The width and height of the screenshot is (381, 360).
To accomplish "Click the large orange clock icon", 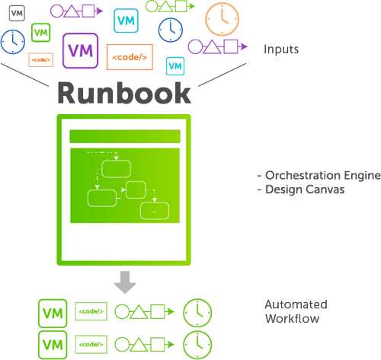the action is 222,19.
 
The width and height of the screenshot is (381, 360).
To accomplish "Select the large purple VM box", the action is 80,51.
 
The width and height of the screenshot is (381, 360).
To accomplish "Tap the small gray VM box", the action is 17,13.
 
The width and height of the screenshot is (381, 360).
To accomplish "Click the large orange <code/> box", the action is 130,57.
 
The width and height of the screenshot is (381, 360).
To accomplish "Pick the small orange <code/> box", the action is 41,60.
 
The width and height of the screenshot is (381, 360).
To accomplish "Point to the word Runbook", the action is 124,93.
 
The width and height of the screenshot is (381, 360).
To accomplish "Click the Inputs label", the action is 281,49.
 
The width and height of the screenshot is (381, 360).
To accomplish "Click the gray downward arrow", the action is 125,282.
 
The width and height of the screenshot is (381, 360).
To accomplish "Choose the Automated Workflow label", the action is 296,311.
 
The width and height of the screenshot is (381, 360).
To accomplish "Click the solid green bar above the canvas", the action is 125,136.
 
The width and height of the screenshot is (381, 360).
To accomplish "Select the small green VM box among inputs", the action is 40,33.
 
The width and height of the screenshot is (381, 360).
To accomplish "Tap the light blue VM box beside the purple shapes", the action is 126,21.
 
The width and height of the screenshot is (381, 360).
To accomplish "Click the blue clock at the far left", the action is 13,42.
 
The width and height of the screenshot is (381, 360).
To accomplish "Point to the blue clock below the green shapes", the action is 171,30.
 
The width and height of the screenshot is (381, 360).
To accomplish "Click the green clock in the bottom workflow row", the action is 197,345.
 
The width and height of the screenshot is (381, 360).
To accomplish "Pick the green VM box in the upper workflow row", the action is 53,314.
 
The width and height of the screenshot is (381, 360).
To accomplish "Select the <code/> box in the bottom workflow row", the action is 91,344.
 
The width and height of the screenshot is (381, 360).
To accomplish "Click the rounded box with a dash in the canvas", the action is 155,211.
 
